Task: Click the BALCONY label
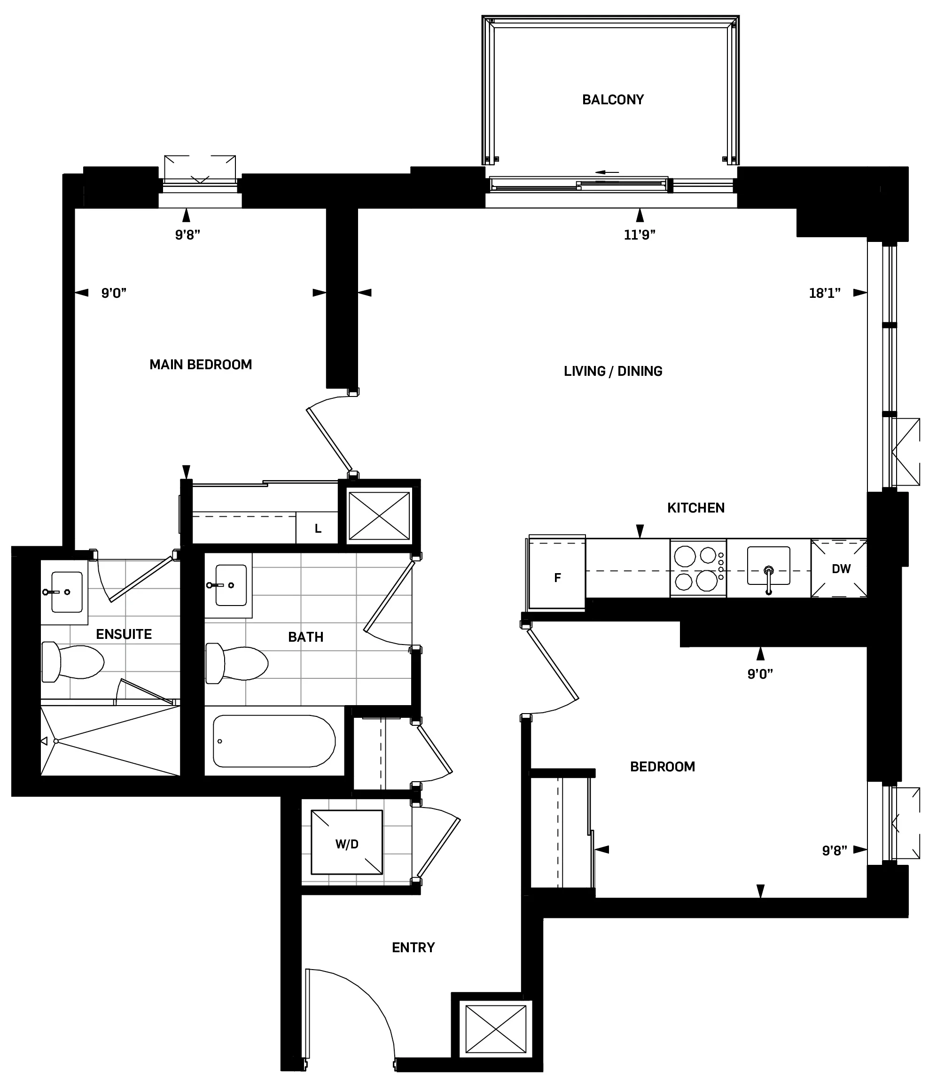(613, 100)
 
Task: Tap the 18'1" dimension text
(824, 294)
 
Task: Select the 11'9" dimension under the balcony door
(639, 235)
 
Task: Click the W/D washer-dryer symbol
(347, 844)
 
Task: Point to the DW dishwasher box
(840, 569)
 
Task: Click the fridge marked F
(557, 577)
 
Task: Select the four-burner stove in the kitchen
(697, 568)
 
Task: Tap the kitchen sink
(768, 567)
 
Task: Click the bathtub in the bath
(273, 741)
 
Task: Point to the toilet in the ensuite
(73, 662)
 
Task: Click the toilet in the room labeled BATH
(237, 662)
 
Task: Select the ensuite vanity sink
(66, 591)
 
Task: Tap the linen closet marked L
(318, 528)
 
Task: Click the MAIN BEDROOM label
(201, 365)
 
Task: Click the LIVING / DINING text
(613, 371)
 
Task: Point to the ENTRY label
(413, 947)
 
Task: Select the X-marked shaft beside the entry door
(495, 1029)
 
